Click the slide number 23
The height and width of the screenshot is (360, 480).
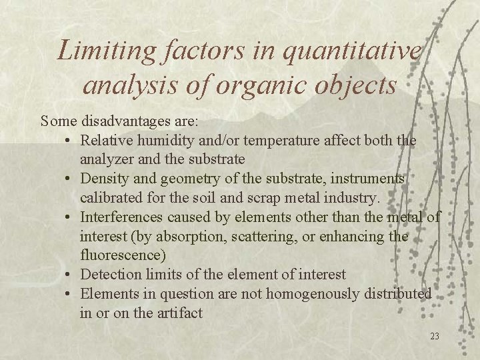coord(434,337)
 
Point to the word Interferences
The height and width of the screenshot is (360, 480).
coord(121,217)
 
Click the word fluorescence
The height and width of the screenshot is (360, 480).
coord(121,255)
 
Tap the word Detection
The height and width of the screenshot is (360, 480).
coord(109,274)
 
